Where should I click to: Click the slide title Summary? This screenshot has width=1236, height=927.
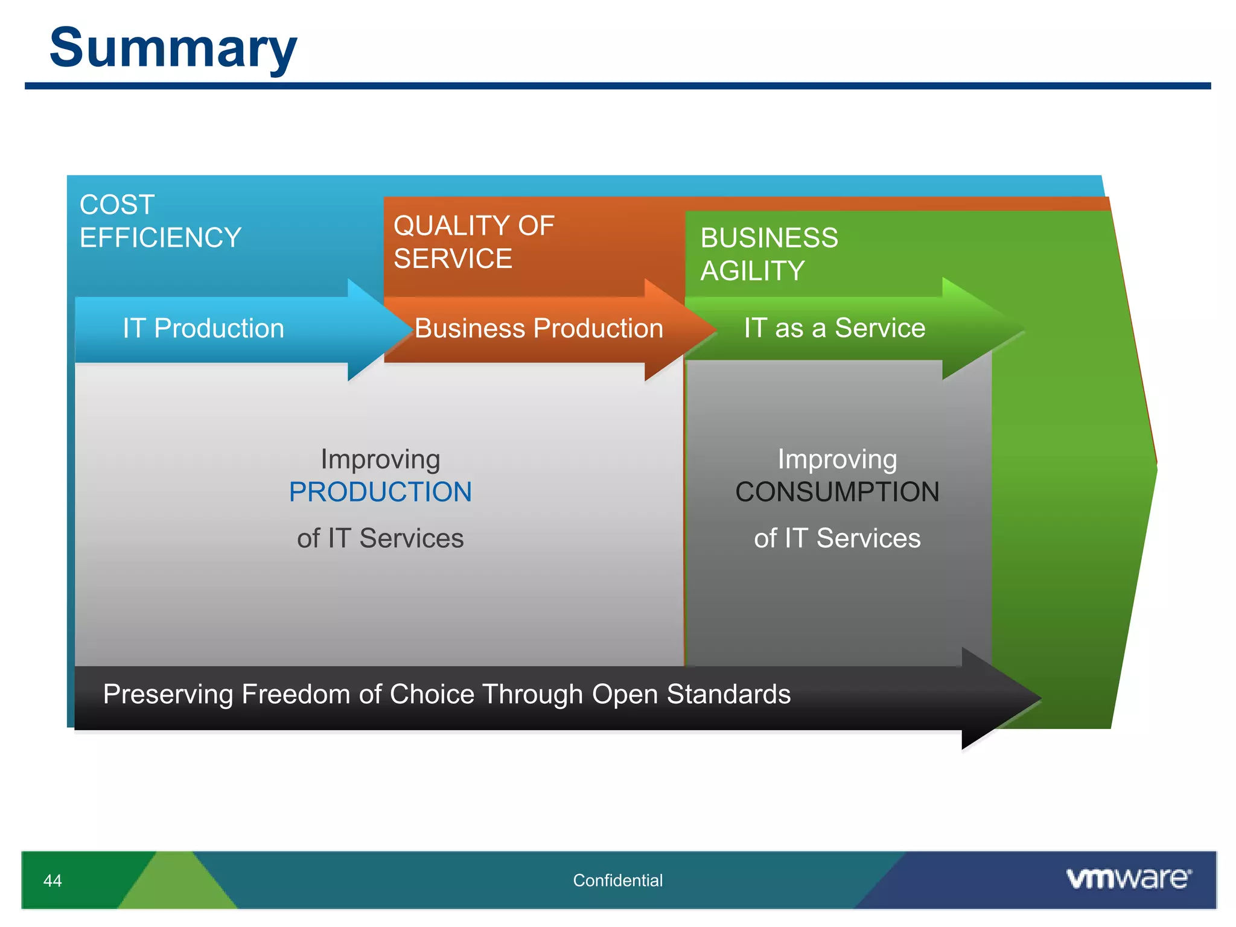click(173, 48)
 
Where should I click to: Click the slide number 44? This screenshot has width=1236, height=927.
click(53, 881)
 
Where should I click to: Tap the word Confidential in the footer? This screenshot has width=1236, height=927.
click(617, 881)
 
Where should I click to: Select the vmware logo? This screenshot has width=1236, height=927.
click(1129, 878)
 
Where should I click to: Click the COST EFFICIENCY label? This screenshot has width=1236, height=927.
click(160, 221)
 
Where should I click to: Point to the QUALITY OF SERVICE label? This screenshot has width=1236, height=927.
click(474, 242)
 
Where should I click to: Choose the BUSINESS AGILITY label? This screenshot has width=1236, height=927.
click(769, 254)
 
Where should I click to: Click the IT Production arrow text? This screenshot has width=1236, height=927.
click(203, 328)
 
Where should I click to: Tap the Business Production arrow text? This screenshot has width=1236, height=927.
click(538, 328)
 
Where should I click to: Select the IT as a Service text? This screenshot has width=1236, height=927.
click(834, 328)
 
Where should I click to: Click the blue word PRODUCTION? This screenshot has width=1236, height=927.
click(380, 492)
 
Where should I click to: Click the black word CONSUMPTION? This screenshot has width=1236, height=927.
click(837, 492)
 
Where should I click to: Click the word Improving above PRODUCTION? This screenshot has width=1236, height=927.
click(380, 459)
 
